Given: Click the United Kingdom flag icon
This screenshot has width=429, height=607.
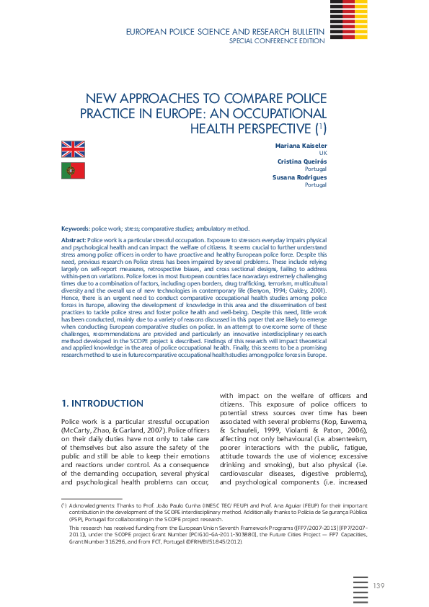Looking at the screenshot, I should pos(73,149).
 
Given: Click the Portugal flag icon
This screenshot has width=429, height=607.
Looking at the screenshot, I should pos(73,171).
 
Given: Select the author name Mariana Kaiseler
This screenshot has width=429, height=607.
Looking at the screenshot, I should pos(301,146).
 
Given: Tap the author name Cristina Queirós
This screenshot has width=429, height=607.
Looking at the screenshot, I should pos(304,161).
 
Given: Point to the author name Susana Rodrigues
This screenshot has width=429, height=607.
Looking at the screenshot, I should pos(300,177).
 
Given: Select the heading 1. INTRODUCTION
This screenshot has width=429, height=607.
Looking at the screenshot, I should pos(102,403).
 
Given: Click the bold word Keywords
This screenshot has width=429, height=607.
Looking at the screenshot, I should pos(75,228).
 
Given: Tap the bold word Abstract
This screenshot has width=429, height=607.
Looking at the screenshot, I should pos(74,239).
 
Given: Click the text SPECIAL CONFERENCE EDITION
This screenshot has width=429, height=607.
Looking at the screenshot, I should pos(277,41).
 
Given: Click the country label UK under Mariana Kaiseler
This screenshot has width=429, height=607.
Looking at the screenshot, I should pos(323,154).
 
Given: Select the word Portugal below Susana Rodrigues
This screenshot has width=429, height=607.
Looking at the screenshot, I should pos(316,185).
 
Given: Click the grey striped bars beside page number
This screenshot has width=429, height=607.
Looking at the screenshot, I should pos(361,591).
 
